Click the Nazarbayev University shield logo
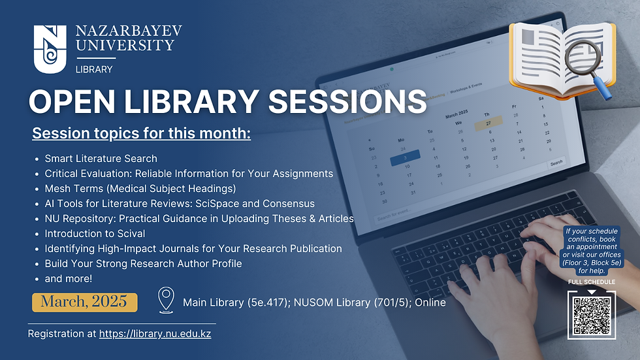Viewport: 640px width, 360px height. point(50,48)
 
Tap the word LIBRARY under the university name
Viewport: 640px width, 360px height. point(94,69)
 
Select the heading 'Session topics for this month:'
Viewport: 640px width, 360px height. point(142,134)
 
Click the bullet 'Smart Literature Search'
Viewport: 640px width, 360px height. point(101,158)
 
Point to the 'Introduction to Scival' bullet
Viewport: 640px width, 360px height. point(95,233)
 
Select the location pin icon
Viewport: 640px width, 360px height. point(166,301)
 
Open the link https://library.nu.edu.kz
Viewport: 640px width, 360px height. point(155,334)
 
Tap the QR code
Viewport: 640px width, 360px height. point(591,315)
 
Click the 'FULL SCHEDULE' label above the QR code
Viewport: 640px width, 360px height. point(592,282)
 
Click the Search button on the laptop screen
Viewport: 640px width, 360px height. point(556,163)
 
